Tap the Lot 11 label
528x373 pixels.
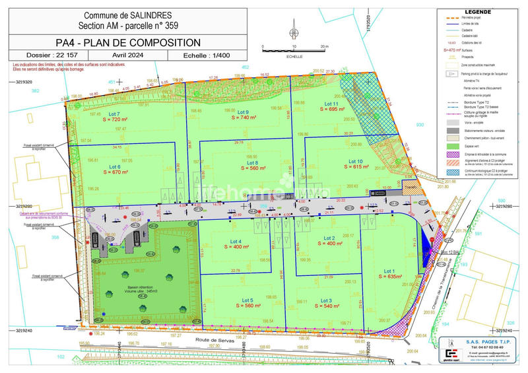pyautogui.click(x=331, y=104)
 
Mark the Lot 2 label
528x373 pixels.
pyautogui.click(x=329, y=238)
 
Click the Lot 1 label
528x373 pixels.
pyautogui.click(x=389, y=271)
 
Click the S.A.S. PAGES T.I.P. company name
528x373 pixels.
pyautogui.click(x=485, y=342)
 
